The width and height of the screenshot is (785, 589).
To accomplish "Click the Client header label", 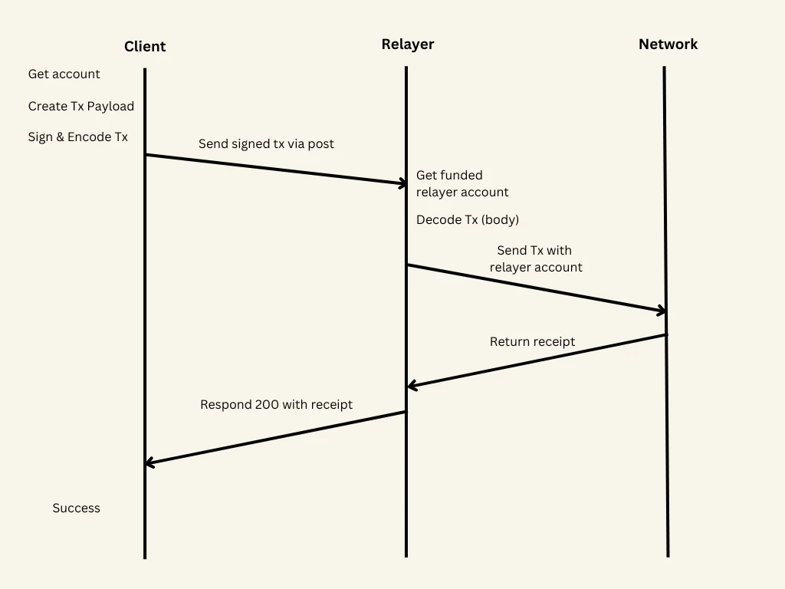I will tap(145, 47).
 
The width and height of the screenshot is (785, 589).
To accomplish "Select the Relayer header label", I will tap(407, 44).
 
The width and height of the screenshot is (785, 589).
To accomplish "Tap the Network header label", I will tap(668, 44).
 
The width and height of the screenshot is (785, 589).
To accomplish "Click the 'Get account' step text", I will tap(64, 74).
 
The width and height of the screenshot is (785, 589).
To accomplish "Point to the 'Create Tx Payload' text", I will tap(81, 107).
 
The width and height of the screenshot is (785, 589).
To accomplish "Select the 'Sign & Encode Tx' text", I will tap(78, 137).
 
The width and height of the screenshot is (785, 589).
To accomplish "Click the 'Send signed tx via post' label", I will tap(266, 143).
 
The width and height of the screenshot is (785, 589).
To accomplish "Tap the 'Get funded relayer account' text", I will tap(461, 184).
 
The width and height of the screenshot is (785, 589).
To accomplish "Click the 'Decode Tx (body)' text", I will tap(468, 220).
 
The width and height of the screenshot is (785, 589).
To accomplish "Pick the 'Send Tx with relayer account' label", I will tap(535, 259).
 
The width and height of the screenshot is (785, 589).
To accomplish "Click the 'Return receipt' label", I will tap(532, 342).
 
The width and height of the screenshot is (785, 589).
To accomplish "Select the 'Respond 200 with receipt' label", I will tap(276, 405).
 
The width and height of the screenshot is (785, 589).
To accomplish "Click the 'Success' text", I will tap(76, 508).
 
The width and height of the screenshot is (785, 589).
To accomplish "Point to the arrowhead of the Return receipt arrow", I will tap(412, 386).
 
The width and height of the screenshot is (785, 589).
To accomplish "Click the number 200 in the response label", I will tap(265, 405).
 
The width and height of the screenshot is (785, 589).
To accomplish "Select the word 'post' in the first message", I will tap(320, 144).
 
